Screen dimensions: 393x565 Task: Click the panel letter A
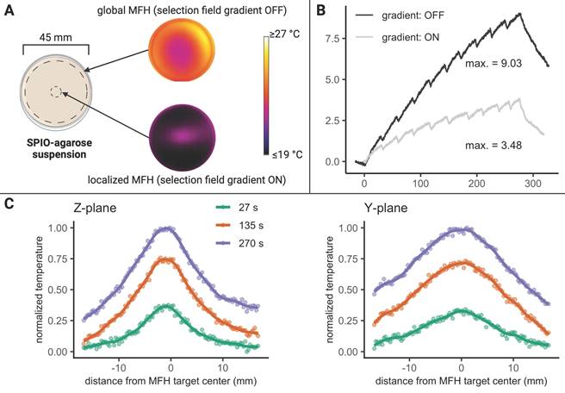click(9, 9)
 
